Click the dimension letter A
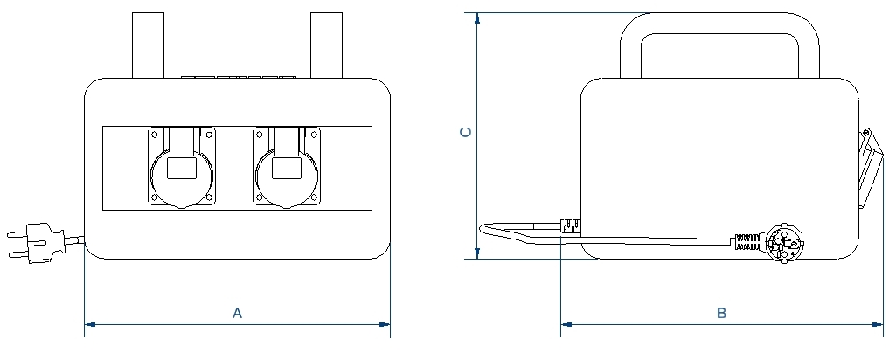pos(238,313)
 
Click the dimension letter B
pos(721,313)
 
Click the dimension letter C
pos(465,132)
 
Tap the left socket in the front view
pos(182,167)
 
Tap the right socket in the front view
pos(287,167)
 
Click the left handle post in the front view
pos(148,45)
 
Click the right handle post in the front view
pos(327,45)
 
